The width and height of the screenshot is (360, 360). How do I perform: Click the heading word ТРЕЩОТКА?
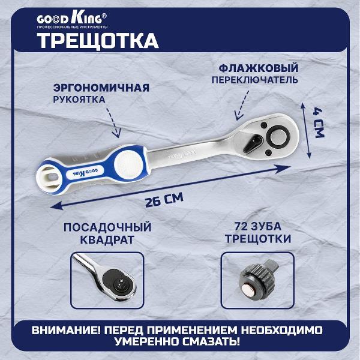click(98, 41)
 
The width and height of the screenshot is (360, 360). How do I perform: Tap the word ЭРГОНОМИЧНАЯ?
click(101, 88)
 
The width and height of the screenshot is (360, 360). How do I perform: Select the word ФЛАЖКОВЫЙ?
click(258, 68)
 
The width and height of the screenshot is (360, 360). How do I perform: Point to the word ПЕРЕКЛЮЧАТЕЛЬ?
click(254, 80)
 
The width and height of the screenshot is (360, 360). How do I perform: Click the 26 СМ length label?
click(164, 200)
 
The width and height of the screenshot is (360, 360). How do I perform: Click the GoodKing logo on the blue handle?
click(85, 172)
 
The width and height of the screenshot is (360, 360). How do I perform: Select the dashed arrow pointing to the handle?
click(114, 122)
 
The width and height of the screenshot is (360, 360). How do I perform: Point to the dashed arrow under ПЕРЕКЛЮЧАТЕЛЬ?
click(242, 105)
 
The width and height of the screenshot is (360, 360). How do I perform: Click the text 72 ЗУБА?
click(258, 226)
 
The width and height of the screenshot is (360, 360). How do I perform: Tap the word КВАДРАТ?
click(107, 239)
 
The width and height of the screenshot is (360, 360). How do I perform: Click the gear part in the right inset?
click(257, 280)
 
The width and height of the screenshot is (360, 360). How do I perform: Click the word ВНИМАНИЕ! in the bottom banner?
click(67, 331)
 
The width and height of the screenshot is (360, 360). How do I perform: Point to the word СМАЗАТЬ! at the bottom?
click(211, 341)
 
